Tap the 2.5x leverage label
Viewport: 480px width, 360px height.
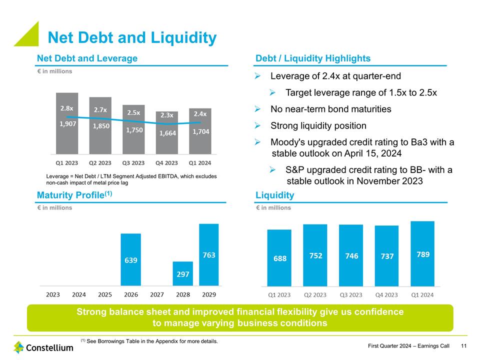[x=133, y=113]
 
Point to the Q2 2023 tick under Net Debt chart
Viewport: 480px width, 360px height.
[x=100, y=163]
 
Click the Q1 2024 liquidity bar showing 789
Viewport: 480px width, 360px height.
[x=422, y=260]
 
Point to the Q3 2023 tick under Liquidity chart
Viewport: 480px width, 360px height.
[x=351, y=295]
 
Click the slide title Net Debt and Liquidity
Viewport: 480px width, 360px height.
[x=131, y=38]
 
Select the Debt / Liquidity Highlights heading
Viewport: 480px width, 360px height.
[x=313, y=58]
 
